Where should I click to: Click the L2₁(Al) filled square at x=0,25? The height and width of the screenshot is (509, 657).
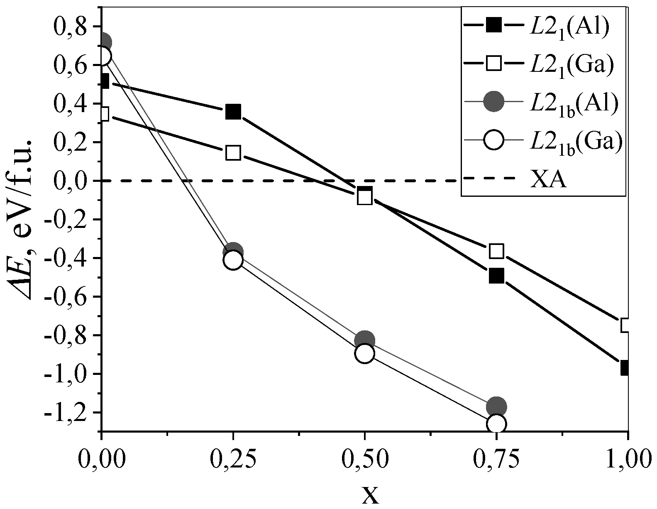(x=233, y=111)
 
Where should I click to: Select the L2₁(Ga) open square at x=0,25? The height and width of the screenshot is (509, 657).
(x=233, y=153)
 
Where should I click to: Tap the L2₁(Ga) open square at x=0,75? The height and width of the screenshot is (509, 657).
(x=496, y=251)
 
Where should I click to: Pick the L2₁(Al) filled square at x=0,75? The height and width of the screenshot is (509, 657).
(x=496, y=275)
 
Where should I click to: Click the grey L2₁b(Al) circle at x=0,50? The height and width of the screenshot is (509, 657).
(x=365, y=340)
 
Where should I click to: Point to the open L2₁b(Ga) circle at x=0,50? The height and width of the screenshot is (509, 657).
(x=365, y=353)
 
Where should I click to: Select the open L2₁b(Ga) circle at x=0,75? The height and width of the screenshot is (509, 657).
(x=496, y=424)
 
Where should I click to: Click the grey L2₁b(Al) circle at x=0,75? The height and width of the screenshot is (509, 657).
(x=496, y=406)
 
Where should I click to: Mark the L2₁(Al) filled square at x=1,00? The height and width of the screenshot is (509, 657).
(x=626, y=368)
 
